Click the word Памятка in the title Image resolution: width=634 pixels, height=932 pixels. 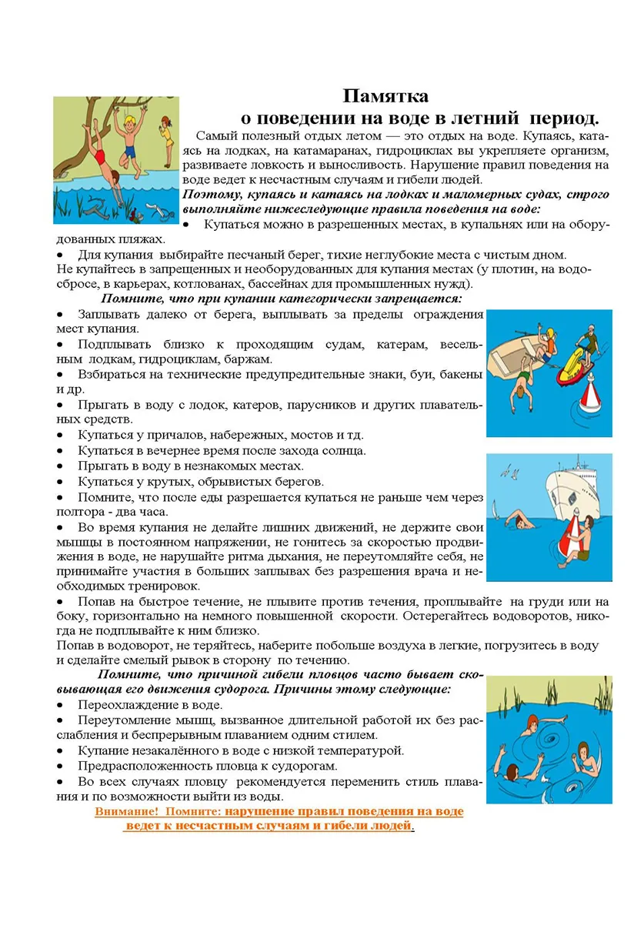pyautogui.click(x=385, y=96)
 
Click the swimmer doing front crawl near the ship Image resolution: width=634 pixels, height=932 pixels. pyautogui.click(x=524, y=524)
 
